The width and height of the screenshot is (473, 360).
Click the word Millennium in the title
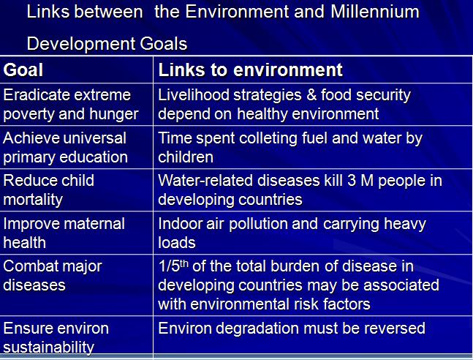click(375, 12)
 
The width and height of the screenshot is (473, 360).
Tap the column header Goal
click(23, 70)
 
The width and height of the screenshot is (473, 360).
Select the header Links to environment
click(250, 70)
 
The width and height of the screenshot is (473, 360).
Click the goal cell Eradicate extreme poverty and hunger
click(71, 104)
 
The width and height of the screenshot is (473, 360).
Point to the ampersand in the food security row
click(311, 95)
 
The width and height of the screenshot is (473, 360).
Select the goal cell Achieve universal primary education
click(66, 147)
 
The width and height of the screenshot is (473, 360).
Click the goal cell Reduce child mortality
click(48, 190)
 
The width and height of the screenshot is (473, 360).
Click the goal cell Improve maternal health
click(64, 233)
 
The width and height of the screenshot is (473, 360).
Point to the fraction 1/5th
click(173, 266)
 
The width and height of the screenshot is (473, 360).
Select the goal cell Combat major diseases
click(53, 276)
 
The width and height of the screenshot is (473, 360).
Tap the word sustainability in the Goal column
click(48, 347)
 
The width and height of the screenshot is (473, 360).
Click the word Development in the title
click(81, 44)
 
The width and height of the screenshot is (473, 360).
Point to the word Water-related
click(205, 181)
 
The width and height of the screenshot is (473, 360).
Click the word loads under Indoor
click(177, 242)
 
